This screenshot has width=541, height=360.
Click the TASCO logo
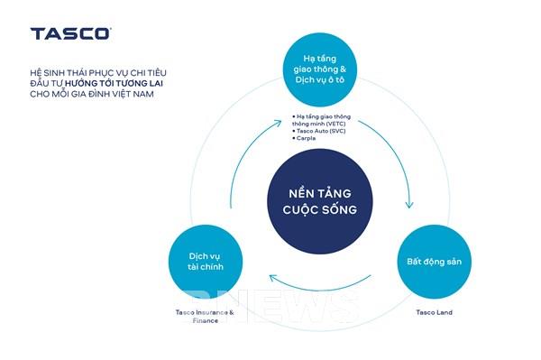pyautogui.click(x=70, y=33)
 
